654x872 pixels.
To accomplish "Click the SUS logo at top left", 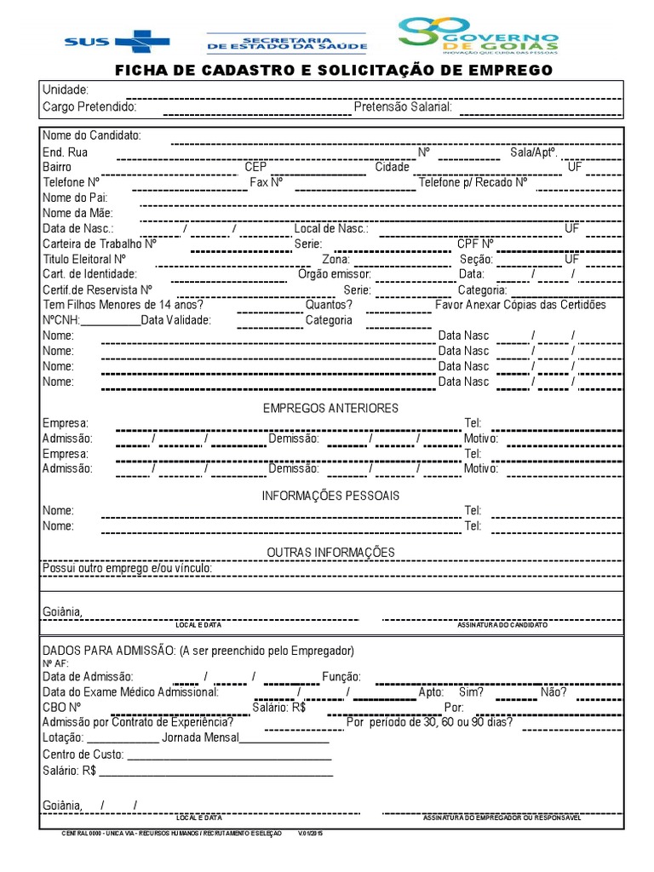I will tap(117, 41).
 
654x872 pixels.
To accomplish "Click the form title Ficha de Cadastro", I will tap(333, 70).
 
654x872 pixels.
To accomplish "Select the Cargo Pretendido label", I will tap(89, 107).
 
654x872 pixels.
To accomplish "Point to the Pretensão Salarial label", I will tap(403, 107).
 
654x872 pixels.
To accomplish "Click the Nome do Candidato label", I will tap(92, 136).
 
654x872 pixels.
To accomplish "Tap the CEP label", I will tap(255, 167).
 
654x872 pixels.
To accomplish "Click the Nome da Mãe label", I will tap(77, 213).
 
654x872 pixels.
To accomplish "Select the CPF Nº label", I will tap(475, 244).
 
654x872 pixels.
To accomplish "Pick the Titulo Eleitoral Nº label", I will tap(84, 259).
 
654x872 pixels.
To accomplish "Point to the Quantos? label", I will tap(329, 305).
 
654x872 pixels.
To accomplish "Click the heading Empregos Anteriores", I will tap(330, 409).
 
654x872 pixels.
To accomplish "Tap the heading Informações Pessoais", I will tap(330, 496).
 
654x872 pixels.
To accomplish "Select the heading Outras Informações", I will tap(330, 553).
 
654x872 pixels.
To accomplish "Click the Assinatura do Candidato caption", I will tap(502, 625).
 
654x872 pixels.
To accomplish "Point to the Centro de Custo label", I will tap(83, 754).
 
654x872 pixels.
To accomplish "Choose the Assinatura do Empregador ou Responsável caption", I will tap(502, 817).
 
